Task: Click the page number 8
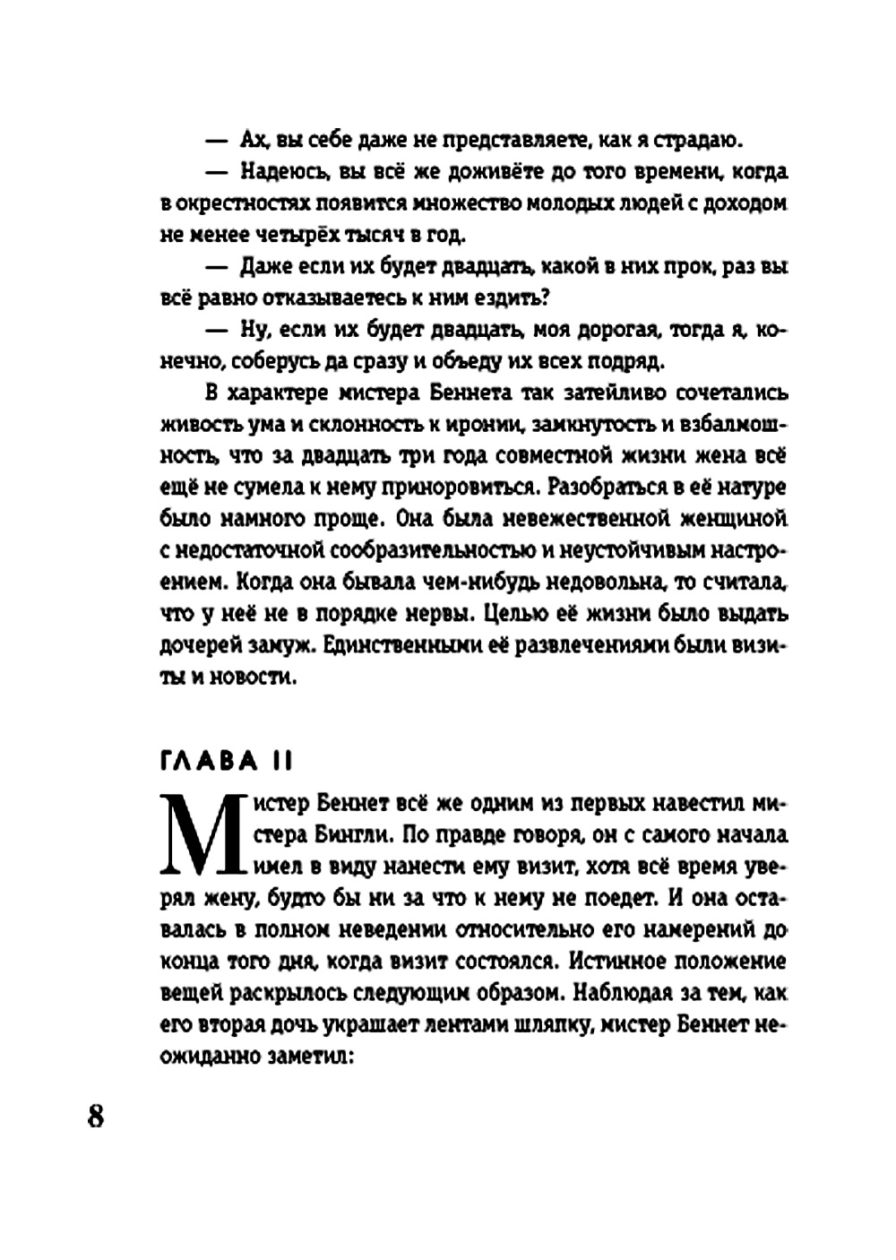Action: pyautogui.click(x=96, y=1117)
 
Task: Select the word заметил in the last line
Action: pyautogui.click(x=306, y=1057)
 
